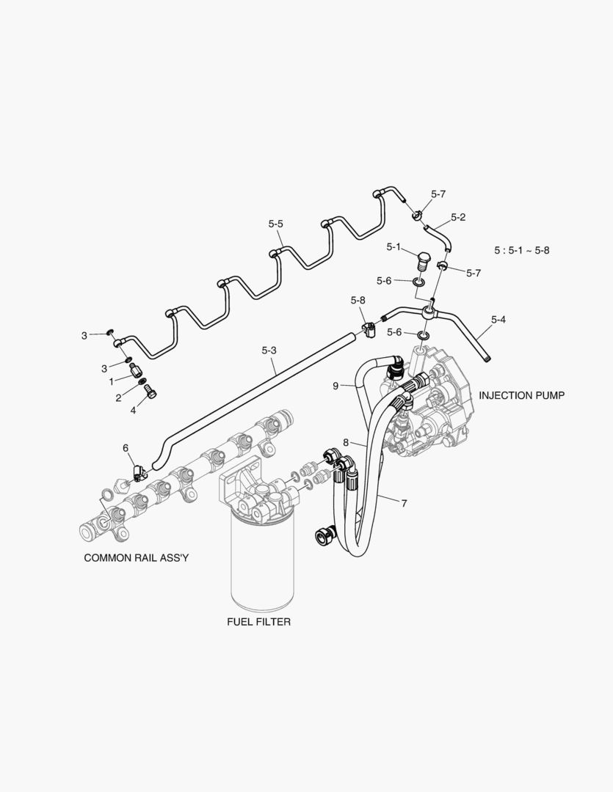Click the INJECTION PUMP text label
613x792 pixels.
(522, 395)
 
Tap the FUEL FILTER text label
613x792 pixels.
(258, 622)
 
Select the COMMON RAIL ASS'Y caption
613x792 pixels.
(137, 557)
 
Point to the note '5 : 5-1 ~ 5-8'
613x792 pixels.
(521, 250)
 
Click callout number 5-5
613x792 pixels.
(276, 224)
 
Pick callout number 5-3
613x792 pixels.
(269, 351)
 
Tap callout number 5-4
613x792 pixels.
(498, 319)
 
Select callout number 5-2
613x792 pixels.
(459, 217)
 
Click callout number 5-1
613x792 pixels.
(394, 247)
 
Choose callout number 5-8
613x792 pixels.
(358, 301)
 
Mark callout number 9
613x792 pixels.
(335, 386)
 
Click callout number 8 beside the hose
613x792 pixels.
(346, 442)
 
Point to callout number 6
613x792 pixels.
(125, 447)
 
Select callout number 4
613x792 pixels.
(133, 411)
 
